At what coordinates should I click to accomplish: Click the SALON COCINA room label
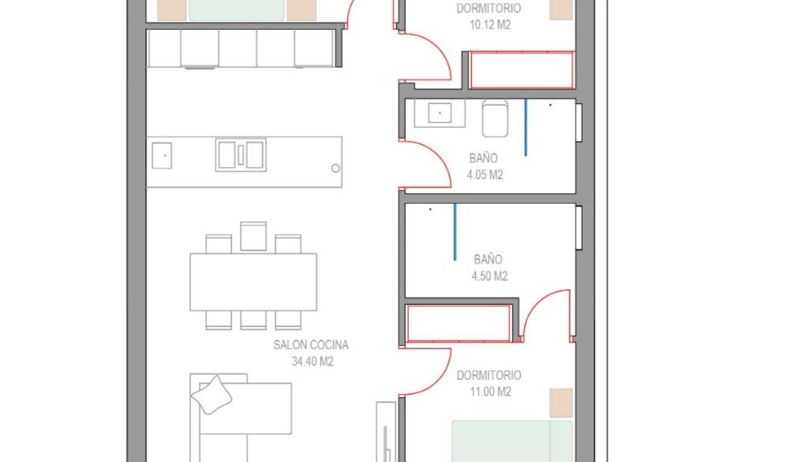311,345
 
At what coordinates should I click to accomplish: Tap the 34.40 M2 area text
312,362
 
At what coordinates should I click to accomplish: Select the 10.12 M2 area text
488,26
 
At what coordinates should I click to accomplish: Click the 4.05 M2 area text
485,175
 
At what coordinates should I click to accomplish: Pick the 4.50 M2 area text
489,276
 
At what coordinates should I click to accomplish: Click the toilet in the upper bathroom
495,119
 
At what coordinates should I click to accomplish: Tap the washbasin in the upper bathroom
439,113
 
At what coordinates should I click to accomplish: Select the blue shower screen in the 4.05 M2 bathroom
525,127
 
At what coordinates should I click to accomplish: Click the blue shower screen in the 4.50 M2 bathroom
455,232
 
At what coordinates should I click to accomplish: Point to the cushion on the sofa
212,395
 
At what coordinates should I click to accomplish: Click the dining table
253,282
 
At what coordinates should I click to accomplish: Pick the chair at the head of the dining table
253,237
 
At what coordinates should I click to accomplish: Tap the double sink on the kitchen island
240,155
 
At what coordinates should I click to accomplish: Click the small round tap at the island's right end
335,168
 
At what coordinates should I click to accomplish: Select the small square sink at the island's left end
162,155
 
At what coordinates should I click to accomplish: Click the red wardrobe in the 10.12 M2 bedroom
522,70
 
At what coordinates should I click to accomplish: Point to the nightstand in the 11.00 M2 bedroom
560,403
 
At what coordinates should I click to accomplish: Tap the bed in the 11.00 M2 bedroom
511,440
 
